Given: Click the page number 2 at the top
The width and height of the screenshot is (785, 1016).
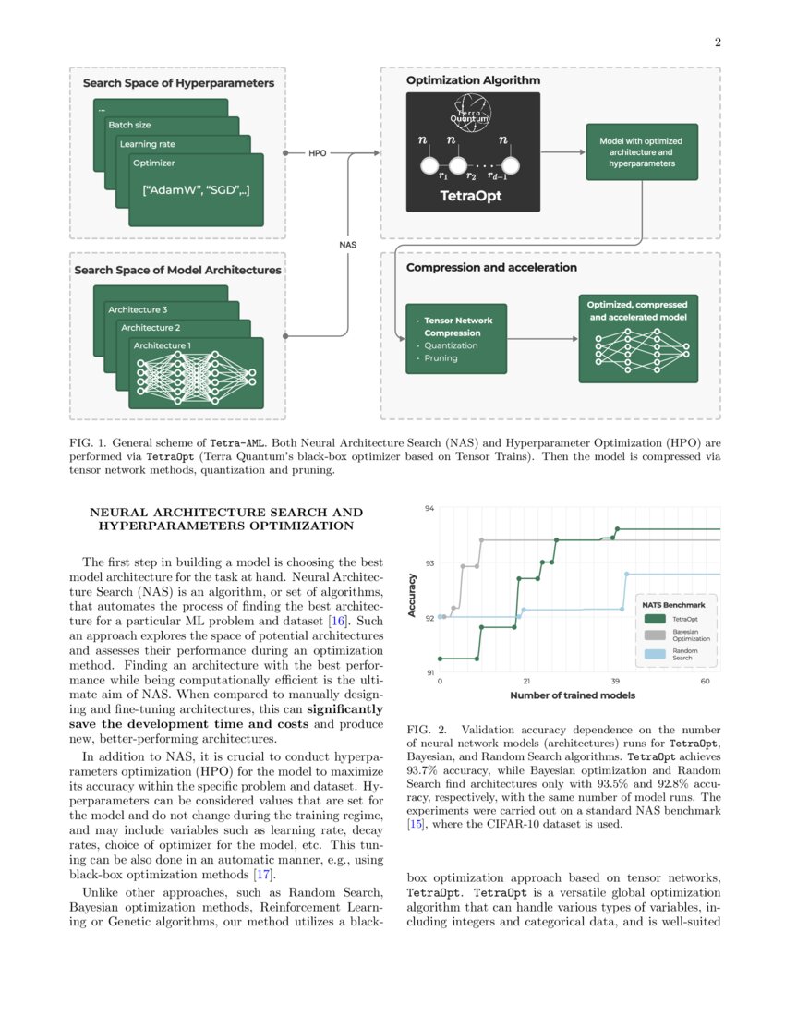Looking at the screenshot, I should coord(717,42).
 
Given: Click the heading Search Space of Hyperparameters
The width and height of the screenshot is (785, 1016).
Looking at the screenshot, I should coord(178,83).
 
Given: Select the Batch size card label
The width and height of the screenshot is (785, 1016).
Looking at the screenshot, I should coord(129,125).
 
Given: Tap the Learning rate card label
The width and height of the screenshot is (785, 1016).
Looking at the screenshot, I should coord(146,144).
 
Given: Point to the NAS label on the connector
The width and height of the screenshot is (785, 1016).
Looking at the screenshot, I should coord(347,245).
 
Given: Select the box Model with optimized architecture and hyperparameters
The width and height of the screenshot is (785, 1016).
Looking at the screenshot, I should coord(641,152).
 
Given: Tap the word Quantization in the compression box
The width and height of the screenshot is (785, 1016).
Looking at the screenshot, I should coord(452,345).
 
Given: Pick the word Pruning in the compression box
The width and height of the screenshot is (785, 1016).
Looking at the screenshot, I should coord(441,358).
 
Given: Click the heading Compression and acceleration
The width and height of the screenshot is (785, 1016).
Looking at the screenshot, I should coord(491,268).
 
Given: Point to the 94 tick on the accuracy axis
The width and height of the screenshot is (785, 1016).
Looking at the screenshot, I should coord(429,508).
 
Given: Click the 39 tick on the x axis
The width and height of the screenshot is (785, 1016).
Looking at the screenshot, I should coord(616,682).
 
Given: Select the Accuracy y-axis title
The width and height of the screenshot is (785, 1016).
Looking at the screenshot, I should coord(413,596).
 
